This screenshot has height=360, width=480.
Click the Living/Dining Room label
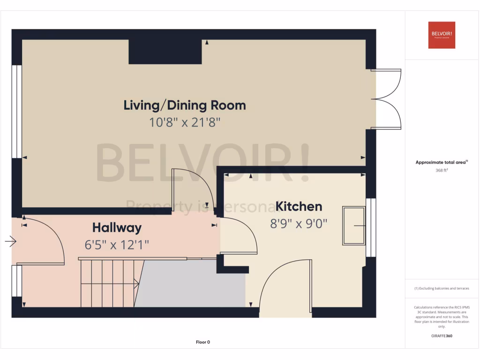(184, 105)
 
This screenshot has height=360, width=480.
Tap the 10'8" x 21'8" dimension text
(184, 123)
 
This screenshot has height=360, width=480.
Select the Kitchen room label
(299, 206)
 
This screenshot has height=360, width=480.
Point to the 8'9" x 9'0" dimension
(299, 224)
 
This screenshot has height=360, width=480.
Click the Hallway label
(117, 228)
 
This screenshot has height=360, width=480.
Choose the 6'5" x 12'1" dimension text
(117, 245)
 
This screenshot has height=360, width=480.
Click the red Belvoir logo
(442, 35)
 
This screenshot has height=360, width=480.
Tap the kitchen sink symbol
(354, 225)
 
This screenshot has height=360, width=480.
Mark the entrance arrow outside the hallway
(11, 242)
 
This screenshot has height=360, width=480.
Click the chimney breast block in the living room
(165, 52)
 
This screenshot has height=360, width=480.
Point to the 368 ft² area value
(442, 171)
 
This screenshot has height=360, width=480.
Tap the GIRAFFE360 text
(442, 336)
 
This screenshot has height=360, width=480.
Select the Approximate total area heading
(442, 162)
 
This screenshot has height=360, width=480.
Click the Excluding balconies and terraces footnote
(442, 289)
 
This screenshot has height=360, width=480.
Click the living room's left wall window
(17, 111)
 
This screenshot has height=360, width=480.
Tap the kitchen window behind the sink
(371, 227)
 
